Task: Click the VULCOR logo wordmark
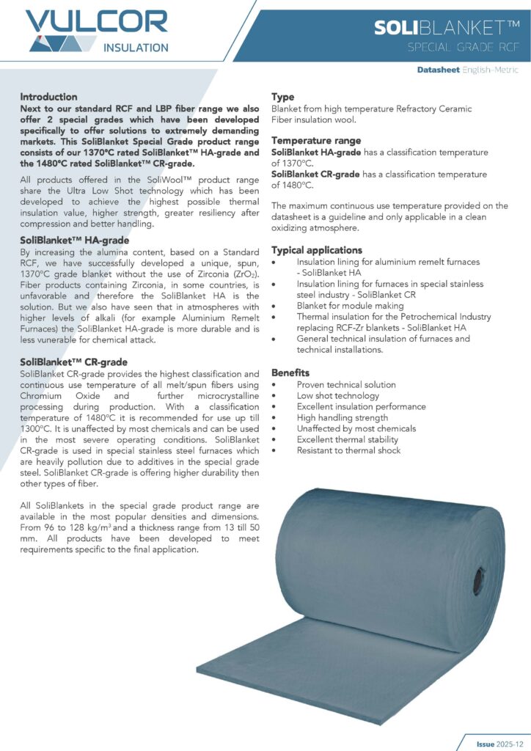[96, 21]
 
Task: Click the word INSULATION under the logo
[136, 48]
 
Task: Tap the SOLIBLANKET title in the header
[447, 28]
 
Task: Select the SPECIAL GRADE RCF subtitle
[464, 48]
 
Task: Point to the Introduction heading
[48, 97]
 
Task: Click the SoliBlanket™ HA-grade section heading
[75, 241]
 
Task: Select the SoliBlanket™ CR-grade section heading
[74, 362]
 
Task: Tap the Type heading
[282, 97]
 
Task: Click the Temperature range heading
[316, 140]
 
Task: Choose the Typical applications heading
[317, 250]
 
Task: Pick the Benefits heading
[290, 373]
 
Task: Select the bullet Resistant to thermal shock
[348, 450]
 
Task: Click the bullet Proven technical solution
[346, 384]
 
